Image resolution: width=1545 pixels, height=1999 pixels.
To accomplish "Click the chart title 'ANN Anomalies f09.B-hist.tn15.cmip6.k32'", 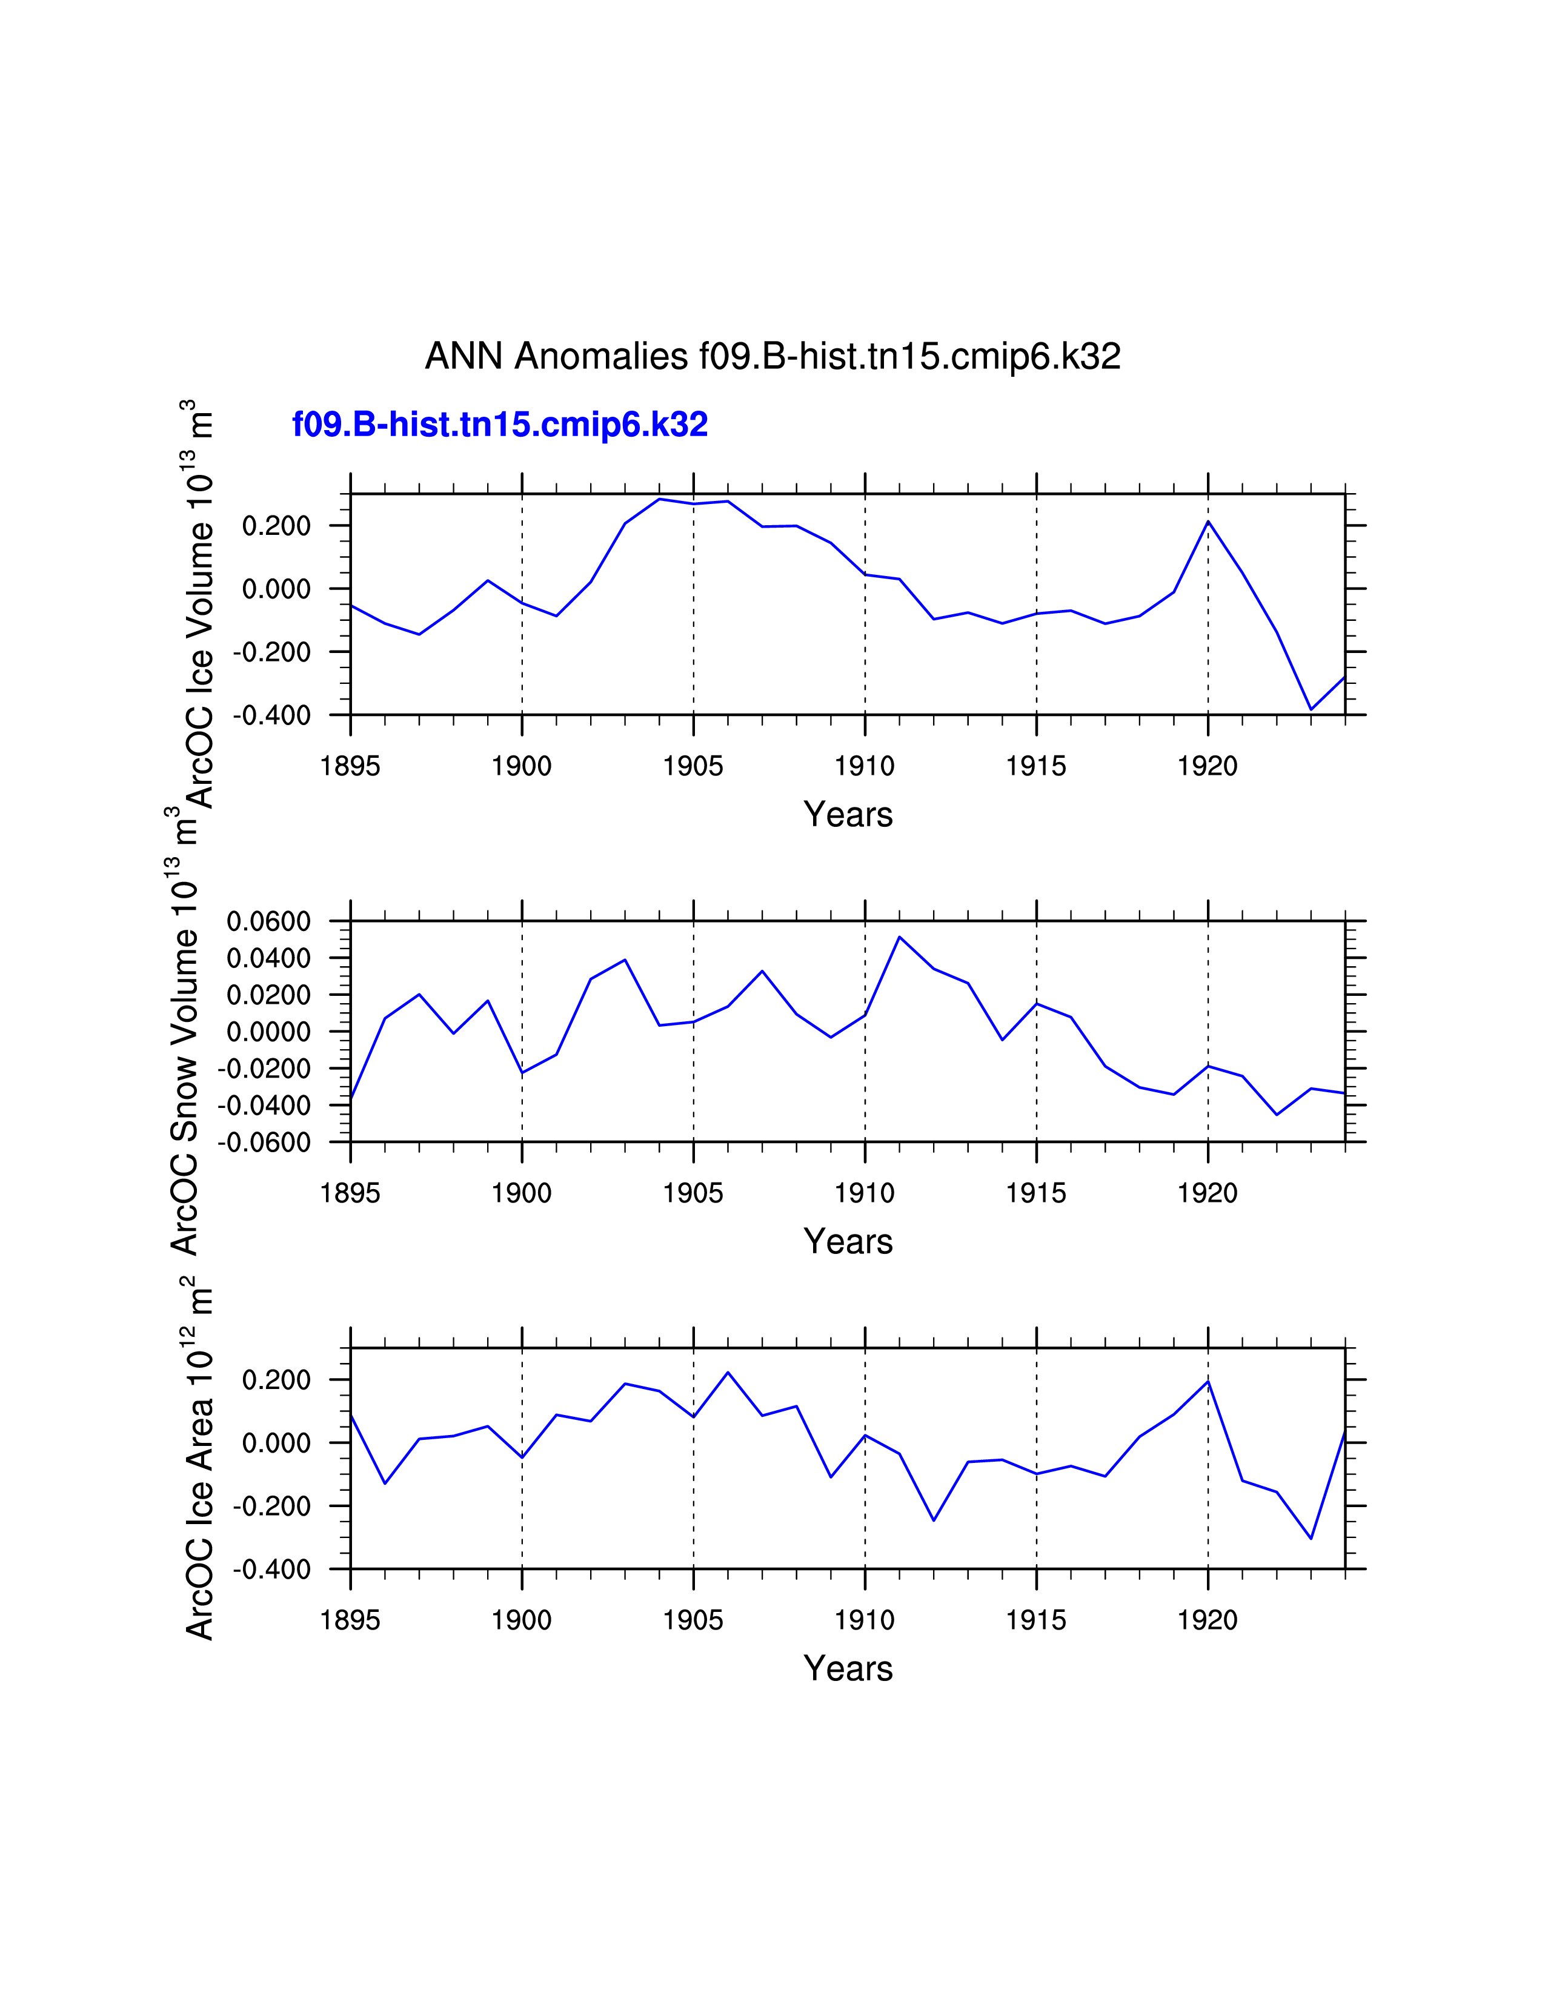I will point(772,356).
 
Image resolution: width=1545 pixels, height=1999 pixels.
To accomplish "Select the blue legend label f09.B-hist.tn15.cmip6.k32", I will point(500,425).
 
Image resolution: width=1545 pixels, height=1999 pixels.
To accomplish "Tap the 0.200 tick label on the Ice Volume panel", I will point(276,526).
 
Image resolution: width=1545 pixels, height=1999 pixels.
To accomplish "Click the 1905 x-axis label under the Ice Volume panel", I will point(693,766).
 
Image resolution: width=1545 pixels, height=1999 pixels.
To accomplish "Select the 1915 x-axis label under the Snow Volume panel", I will point(1036,1193).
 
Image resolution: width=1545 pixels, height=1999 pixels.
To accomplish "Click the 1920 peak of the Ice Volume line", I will point(1208,522).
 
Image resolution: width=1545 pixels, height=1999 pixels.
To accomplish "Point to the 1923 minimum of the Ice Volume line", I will point(1311,709).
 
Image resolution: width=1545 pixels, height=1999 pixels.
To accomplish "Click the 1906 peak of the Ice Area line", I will point(728,1372).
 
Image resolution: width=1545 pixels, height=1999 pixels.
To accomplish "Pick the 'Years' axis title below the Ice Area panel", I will point(848,1669).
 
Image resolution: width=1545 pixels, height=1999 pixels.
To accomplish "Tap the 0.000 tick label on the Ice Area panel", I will point(276,1444).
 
